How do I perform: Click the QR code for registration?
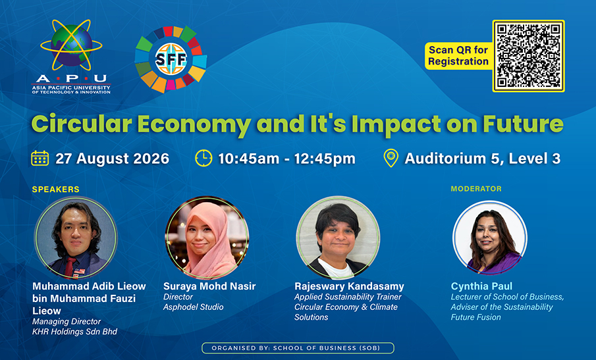tap(528, 56)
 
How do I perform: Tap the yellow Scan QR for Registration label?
tap(458, 56)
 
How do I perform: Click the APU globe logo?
tap(72, 56)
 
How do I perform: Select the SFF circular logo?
tap(171, 59)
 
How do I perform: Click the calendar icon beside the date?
tap(40, 159)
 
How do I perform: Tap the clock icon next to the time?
tap(203, 159)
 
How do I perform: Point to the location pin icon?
tap(391, 159)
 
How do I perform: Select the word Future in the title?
tap(523, 124)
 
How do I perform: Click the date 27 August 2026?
tap(112, 159)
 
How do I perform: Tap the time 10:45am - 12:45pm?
tap(286, 159)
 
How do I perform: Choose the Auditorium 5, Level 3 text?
tap(482, 159)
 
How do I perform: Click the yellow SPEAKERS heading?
tap(56, 190)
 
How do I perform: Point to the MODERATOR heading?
tap(476, 189)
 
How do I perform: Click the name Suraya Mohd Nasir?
tap(209, 286)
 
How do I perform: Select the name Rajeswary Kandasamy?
tap(349, 286)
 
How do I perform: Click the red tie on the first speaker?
tap(69, 267)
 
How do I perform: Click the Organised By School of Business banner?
tap(298, 348)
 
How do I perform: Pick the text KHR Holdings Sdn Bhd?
tap(75, 332)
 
